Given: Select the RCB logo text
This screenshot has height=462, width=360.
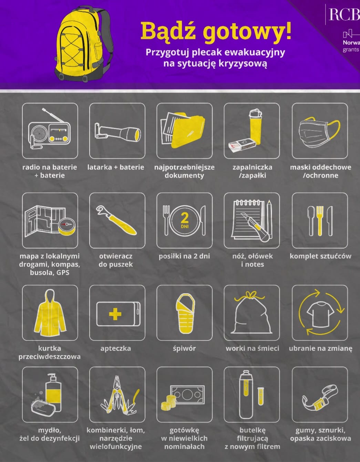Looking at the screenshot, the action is (x=344, y=14).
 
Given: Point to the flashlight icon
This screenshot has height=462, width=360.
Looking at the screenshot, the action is (x=117, y=132).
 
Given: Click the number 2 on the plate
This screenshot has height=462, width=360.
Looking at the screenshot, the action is (x=184, y=218).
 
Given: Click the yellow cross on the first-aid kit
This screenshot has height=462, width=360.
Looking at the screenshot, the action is (x=115, y=314).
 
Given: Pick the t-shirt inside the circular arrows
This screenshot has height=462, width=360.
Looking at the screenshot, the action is (x=320, y=315).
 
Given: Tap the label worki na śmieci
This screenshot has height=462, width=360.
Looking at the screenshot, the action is (x=253, y=348).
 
